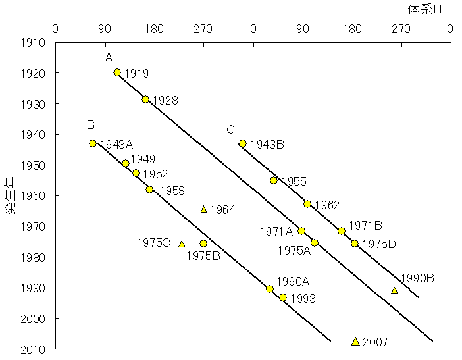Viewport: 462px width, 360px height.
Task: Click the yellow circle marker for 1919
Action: point(117,72)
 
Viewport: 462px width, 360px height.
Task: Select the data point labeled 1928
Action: point(145,99)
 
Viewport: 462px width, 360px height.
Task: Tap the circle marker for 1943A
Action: point(93,143)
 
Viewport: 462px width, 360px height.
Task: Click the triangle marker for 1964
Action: point(203,209)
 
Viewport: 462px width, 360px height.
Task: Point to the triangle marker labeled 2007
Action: point(355,341)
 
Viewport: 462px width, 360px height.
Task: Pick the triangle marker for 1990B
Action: point(394,290)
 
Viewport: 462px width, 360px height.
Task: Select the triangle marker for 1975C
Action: point(182,244)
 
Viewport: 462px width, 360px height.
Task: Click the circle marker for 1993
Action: point(283,297)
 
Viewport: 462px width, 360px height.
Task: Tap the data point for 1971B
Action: point(342,231)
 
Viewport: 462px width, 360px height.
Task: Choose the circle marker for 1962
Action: point(307,204)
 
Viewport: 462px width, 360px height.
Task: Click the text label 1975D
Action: point(378,244)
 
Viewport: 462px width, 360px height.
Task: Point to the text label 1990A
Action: point(292,282)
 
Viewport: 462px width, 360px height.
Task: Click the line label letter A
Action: point(109,58)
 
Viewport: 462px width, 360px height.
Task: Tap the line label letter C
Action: point(230,129)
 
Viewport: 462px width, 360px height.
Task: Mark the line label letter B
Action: point(91,125)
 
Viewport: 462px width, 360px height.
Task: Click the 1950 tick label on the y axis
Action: point(34,165)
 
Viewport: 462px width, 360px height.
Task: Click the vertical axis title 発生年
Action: point(11,196)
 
